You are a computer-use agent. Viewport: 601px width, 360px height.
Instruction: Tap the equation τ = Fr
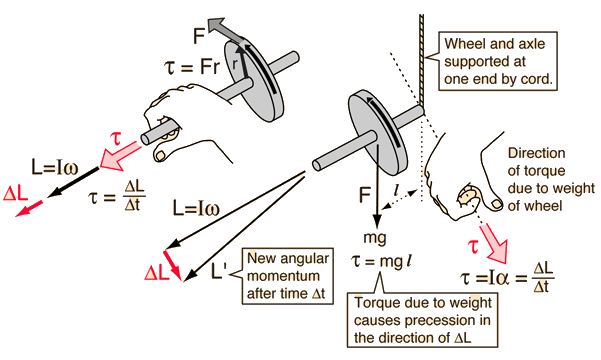click(193, 67)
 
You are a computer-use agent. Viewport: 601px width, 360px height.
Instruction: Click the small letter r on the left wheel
click(235, 64)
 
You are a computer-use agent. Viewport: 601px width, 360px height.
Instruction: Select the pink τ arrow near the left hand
click(119, 156)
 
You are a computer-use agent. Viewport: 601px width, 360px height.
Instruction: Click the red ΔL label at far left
click(15, 193)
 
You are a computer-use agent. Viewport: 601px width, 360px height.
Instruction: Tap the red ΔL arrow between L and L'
click(172, 265)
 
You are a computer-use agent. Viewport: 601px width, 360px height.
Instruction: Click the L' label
click(219, 271)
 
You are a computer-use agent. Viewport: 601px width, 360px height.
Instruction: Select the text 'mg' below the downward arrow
click(374, 238)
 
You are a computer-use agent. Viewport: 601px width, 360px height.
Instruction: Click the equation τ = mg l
click(382, 261)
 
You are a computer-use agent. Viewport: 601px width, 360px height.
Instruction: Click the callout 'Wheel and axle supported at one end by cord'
click(498, 61)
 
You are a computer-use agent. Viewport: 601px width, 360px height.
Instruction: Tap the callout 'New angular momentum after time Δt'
click(287, 276)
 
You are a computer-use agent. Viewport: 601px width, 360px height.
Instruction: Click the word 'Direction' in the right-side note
click(536, 153)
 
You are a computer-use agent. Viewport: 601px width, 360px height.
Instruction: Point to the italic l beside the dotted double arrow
click(397, 189)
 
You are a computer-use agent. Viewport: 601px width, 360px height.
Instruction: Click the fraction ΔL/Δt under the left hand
click(134, 196)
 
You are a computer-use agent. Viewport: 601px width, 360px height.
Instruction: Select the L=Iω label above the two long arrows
click(196, 208)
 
